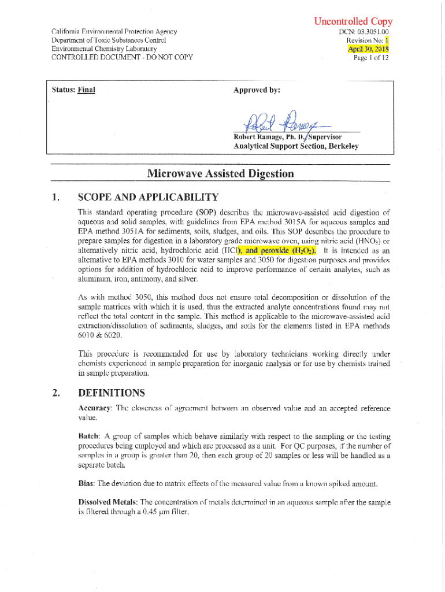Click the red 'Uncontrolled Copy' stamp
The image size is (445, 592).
pos(353,22)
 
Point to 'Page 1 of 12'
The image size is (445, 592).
pos(371,57)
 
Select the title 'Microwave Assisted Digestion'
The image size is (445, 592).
pos(220,173)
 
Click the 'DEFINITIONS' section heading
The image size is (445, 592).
pos(111,393)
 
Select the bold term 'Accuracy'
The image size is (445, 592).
pos(95,408)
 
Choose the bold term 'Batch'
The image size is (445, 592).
pos(89,436)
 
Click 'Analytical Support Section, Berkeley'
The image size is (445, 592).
pos(296,146)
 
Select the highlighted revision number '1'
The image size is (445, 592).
pos(387,40)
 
